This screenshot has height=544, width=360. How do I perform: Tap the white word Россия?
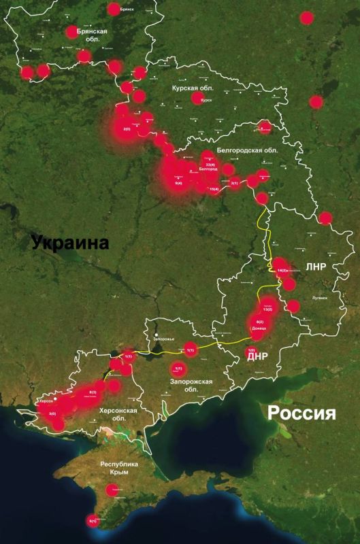tap(302, 413)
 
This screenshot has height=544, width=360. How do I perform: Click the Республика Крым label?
tap(119, 469)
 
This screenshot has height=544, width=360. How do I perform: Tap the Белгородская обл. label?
tap(243, 150)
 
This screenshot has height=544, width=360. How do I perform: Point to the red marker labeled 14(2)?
tap(282, 270)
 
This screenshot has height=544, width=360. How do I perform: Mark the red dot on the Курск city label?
tap(197, 99)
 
